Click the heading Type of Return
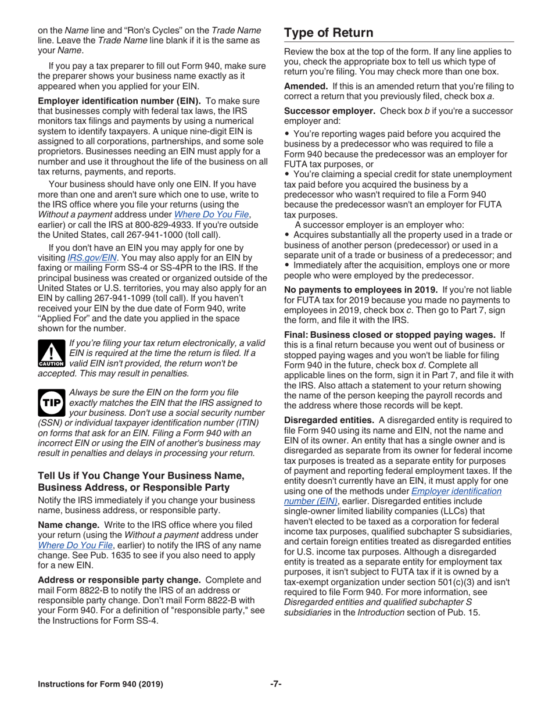328,32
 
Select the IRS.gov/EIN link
92,257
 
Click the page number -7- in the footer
275,684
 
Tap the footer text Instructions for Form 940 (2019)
101,684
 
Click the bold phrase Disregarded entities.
329,420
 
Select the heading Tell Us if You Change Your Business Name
141,476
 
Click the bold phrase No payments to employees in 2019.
360,289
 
